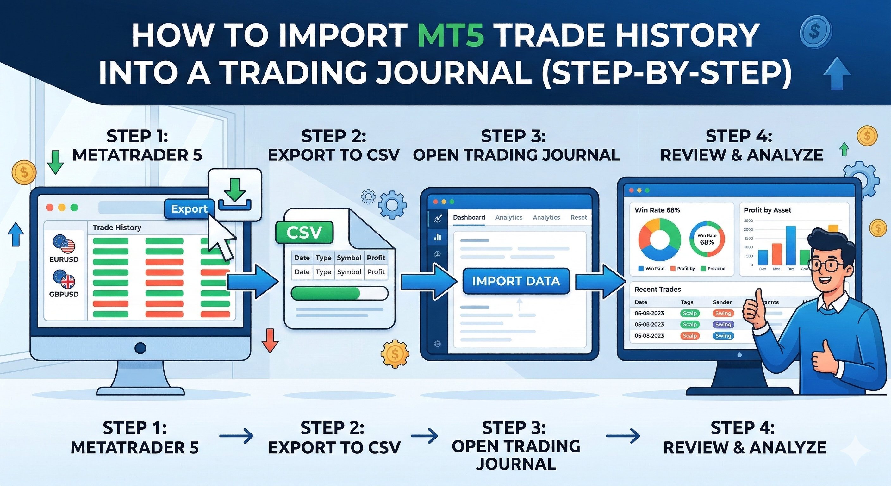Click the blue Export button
coord(189,209)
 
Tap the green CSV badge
coord(304,233)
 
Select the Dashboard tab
coord(469,218)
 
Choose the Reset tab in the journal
coord(578,218)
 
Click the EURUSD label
coord(64,259)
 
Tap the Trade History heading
coord(117,227)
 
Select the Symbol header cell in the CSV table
coord(349,258)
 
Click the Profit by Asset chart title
coord(767,210)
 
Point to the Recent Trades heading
coord(657,289)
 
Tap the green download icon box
coord(235,195)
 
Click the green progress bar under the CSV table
coord(326,293)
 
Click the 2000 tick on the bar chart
coord(748,229)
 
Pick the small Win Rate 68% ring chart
coord(707,239)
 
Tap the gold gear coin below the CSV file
coord(395,354)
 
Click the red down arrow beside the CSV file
coord(270,340)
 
